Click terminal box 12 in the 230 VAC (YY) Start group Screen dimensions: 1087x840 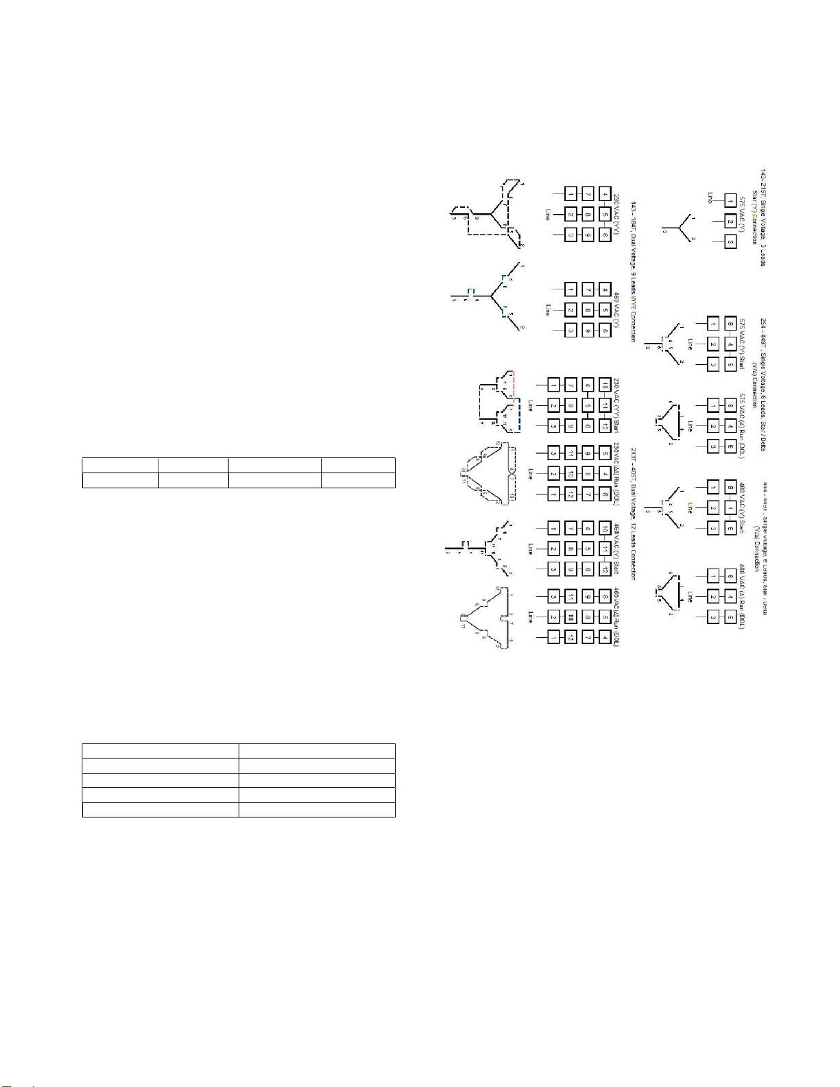[605, 426]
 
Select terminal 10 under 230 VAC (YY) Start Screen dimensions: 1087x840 [605, 385]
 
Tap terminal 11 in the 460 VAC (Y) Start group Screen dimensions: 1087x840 [605, 549]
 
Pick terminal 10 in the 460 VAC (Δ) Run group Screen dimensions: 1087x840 [571, 617]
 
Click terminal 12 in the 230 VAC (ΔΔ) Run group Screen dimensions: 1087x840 [571, 494]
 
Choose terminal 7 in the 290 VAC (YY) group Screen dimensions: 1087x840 [588, 194]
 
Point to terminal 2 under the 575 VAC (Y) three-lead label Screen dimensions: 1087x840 [730, 222]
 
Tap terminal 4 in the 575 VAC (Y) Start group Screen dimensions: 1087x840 [730, 344]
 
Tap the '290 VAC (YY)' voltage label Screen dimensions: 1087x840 [616, 215]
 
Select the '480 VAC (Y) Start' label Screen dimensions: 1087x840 [742, 507]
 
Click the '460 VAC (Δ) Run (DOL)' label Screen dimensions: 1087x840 [616, 617]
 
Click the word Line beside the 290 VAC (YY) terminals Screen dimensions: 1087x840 [547, 215]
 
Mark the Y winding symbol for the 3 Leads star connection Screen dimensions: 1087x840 [679, 226]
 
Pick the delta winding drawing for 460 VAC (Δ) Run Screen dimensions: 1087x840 [485, 617]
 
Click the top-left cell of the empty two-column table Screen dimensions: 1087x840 [160, 750]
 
